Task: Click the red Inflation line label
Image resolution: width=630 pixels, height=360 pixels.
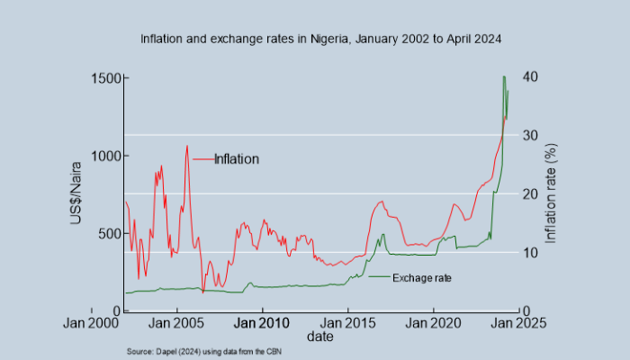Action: tap(236, 159)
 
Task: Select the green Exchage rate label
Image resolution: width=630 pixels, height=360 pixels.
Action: tap(421, 278)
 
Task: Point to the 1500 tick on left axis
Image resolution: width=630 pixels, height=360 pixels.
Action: tap(105, 78)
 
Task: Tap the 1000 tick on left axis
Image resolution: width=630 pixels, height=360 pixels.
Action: tap(105, 156)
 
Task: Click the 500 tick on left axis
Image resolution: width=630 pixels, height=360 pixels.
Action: tap(109, 233)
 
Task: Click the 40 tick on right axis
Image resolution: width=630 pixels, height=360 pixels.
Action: tap(533, 77)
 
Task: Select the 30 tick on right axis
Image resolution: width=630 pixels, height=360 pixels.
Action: tap(533, 136)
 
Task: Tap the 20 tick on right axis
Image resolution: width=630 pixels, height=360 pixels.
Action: tap(533, 194)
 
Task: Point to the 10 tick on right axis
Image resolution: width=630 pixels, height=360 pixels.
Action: tap(533, 253)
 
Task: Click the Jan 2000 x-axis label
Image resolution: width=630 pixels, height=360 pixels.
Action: tap(93, 322)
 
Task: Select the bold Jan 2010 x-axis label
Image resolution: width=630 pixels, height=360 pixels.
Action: tap(263, 322)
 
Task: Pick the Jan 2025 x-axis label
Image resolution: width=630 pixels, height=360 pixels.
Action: tap(517, 322)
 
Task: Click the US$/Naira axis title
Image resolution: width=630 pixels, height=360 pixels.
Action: tap(77, 194)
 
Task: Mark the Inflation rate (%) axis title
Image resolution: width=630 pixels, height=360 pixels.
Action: tap(552, 194)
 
